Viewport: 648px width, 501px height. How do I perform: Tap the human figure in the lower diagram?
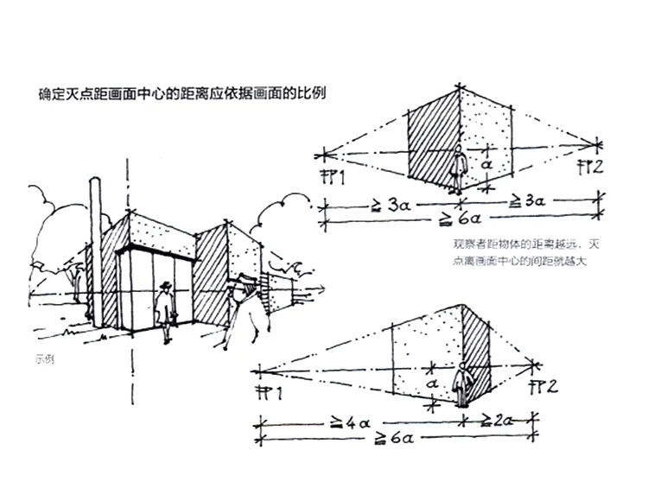464,384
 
